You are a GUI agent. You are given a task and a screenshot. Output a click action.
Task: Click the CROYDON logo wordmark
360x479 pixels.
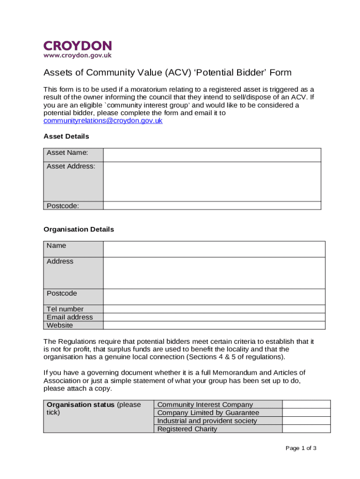coord(78,46)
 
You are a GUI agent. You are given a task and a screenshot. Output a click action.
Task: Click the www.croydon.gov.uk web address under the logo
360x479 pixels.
coord(78,56)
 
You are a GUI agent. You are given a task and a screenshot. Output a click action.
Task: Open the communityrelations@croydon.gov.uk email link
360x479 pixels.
coord(103,121)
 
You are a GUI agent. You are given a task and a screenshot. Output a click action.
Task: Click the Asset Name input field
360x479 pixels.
coord(212,155)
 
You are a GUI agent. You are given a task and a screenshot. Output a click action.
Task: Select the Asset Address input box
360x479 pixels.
coord(212,181)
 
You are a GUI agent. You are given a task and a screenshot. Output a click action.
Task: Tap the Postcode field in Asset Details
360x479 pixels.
coord(212,205)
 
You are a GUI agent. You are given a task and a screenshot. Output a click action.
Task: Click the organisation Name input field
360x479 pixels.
coord(214,249)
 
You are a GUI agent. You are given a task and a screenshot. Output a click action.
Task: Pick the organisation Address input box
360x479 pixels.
coord(214,273)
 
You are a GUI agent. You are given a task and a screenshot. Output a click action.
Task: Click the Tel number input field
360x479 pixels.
coord(214,309)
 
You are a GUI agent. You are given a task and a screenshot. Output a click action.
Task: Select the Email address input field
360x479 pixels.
coord(214,317)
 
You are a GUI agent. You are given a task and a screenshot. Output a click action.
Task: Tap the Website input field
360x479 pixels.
coord(214,325)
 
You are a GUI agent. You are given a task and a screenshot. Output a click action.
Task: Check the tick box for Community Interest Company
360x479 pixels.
coord(306,405)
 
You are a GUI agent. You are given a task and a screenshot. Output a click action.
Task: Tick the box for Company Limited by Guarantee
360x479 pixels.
coord(306,413)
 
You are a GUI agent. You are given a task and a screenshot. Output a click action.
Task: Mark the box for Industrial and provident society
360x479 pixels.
coord(306,421)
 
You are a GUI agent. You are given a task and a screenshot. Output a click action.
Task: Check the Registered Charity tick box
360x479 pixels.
coord(306,429)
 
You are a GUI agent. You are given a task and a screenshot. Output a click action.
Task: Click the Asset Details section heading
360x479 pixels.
coord(66,137)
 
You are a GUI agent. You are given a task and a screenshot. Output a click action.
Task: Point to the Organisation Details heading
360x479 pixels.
coord(79,229)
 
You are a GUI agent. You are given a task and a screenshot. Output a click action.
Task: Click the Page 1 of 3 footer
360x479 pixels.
coord(301,448)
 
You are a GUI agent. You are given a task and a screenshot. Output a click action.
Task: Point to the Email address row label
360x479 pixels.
coord(70,317)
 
